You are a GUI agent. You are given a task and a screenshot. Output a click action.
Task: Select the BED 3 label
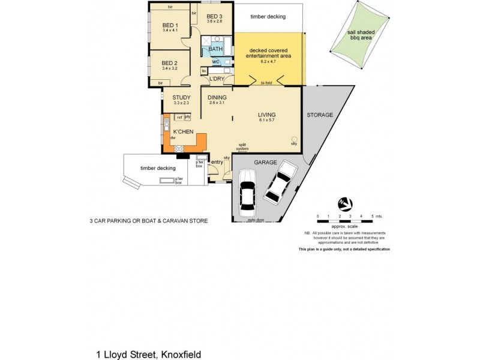214,16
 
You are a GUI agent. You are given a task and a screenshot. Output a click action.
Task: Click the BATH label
215,49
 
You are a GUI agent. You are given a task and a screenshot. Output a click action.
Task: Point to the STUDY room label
181,98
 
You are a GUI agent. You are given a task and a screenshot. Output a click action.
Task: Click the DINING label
217,98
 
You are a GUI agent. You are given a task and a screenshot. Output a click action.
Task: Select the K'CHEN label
182,131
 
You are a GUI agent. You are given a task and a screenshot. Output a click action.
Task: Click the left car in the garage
248,193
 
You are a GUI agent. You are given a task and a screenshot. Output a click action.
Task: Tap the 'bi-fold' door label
267,84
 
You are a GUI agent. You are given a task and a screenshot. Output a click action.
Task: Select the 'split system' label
242,146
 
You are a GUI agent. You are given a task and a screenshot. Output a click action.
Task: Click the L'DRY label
217,79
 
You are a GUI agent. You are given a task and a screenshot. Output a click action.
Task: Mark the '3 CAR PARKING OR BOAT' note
148,221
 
